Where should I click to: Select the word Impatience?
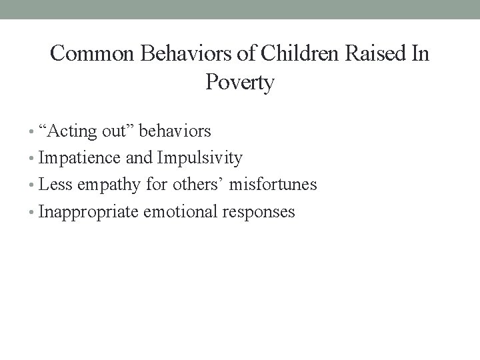[x=81, y=158]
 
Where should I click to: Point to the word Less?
[x=55, y=185]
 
